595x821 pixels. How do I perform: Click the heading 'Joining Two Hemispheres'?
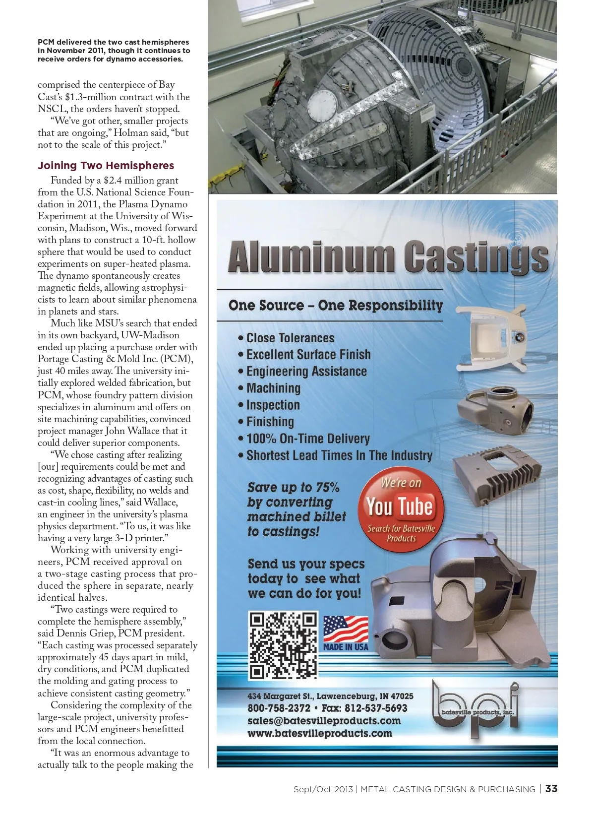(106, 166)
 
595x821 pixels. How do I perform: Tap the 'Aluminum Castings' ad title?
(388, 256)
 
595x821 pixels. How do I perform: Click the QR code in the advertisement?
(283, 645)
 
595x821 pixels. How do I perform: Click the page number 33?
(551, 789)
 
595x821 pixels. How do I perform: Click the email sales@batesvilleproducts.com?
(324, 721)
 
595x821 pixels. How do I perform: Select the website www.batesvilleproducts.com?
(319, 733)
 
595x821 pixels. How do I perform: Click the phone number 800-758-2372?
(279, 708)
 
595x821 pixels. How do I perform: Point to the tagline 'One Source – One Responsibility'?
(336, 306)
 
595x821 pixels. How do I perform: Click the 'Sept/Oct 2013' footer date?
(323, 789)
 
